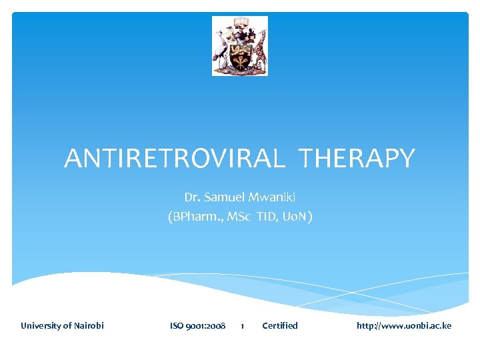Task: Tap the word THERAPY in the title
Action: [357, 159]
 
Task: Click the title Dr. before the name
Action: [192, 197]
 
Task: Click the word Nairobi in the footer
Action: [88, 326]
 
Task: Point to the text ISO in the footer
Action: [177, 326]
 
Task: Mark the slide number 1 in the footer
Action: [242, 326]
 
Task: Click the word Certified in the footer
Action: [280, 326]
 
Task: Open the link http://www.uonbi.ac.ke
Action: [404, 326]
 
